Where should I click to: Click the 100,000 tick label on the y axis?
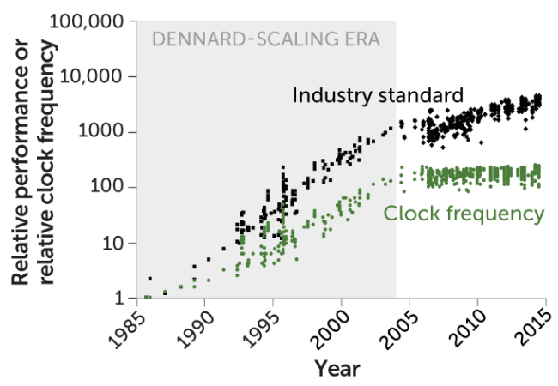point(90,21)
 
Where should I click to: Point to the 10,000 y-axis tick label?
point(95,76)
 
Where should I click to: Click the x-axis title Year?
point(337,369)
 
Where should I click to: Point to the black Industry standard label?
point(378,94)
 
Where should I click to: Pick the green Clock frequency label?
point(464,214)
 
